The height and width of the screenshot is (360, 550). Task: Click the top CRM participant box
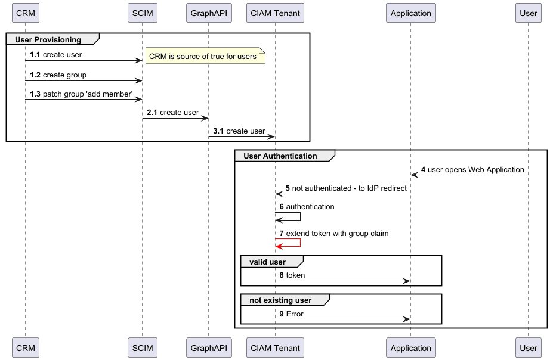click(25, 13)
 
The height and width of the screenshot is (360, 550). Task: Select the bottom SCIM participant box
click(142, 347)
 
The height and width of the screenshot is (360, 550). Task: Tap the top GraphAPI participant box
click(208, 13)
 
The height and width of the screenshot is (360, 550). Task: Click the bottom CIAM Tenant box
click(275, 347)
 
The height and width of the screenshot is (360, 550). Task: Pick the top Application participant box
click(410, 13)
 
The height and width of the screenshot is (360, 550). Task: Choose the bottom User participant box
click(528, 347)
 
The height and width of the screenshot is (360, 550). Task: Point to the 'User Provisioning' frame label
click(52, 39)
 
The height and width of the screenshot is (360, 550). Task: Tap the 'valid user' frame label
click(271, 262)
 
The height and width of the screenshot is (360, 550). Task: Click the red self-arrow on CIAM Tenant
click(292, 243)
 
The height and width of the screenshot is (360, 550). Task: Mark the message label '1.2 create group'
click(58, 75)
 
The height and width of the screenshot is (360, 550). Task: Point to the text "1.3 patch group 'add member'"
click(81, 95)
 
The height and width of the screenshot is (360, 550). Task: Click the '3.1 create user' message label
click(239, 131)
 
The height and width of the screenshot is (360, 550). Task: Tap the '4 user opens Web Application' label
click(472, 169)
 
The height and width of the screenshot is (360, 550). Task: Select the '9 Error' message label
click(291, 314)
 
